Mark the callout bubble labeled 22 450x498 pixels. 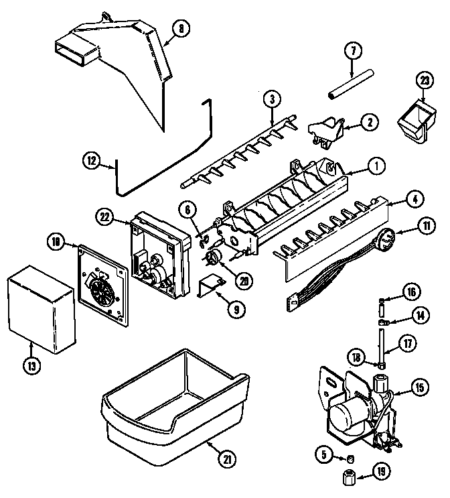[104, 216]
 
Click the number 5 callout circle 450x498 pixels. [323, 456]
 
